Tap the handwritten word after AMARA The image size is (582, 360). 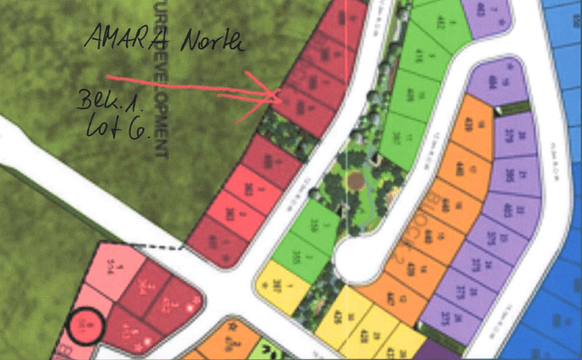point(213,42)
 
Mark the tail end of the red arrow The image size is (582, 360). point(106,76)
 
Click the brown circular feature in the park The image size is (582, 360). point(358,181)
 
